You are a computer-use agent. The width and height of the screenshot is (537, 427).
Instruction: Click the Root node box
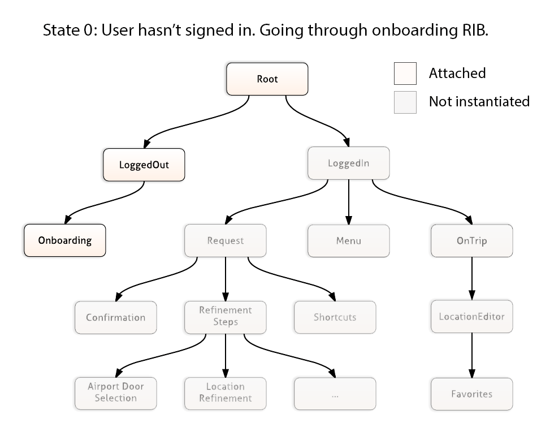pos(267,79)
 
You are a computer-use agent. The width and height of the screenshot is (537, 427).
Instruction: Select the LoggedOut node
pos(144,165)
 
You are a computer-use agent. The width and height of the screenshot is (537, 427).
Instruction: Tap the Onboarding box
pos(65,240)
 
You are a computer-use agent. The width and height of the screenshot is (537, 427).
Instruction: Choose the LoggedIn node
pos(349,163)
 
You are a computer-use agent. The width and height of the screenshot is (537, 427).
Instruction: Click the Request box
pos(226,240)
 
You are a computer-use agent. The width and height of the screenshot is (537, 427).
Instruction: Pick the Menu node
pos(349,241)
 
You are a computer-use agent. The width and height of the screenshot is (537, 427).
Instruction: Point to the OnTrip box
pos(472,240)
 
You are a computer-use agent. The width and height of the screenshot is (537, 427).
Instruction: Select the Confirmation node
pos(116,317)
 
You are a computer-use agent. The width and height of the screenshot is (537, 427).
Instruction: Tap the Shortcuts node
pos(335,317)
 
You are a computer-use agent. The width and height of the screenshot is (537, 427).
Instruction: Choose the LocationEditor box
pos(472,316)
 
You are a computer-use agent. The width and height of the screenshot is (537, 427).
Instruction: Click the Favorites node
pos(472,394)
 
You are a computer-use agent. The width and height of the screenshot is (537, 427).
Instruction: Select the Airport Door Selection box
pos(116,394)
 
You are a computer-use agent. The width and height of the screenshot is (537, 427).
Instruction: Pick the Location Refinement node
pos(226,394)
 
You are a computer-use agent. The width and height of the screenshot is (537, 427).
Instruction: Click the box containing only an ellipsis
pos(335,394)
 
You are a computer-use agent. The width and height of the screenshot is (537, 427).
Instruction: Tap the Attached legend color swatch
pos(405,74)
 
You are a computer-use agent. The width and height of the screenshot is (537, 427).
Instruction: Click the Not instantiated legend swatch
pos(405,102)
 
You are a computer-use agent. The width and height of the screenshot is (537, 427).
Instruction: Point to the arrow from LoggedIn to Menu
pos(349,202)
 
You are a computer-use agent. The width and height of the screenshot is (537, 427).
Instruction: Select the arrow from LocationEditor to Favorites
pos(472,355)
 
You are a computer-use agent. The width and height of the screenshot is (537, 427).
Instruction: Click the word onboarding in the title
pos(414,30)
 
